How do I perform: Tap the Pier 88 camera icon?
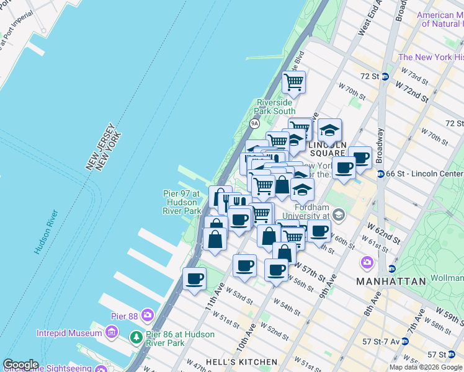[x=147, y=315]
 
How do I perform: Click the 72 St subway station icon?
[x=385, y=77]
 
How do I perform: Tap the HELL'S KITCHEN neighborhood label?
[x=241, y=362]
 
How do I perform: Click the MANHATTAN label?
[x=391, y=281]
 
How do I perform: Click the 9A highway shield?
[x=254, y=123]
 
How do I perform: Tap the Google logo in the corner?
[x=20, y=365]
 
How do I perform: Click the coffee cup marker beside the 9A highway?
[x=195, y=278]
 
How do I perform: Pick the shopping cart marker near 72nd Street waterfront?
[x=293, y=81]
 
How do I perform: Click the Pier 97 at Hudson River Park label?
[x=181, y=202]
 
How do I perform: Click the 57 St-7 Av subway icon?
[x=404, y=341]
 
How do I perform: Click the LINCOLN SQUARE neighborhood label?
[x=326, y=149]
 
